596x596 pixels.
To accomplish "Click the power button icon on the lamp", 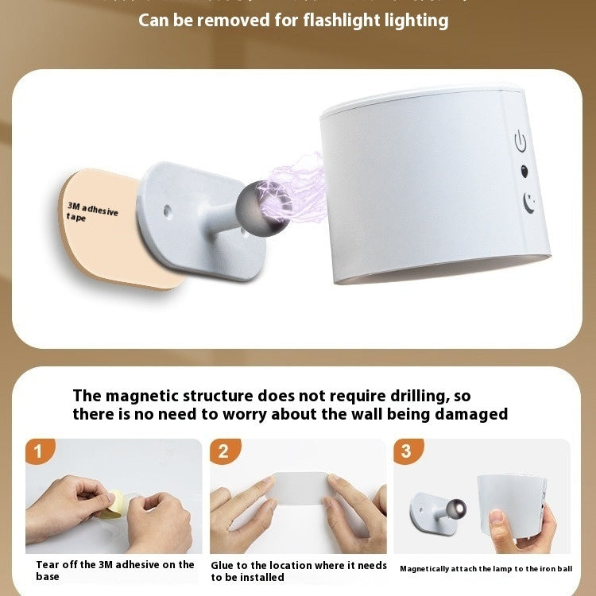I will click(x=521, y=142).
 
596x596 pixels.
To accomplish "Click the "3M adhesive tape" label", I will click(x=92, y=211).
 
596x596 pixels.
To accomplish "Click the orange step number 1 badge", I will click(x=39, y=452).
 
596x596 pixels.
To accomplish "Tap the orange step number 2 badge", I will click(x=223, y=452).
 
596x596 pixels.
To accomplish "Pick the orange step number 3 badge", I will click(x=407, y=452).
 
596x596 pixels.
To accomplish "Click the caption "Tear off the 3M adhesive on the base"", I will click(x=114, y=570).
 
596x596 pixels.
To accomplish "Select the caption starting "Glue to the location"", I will click(x=298, y=571).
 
